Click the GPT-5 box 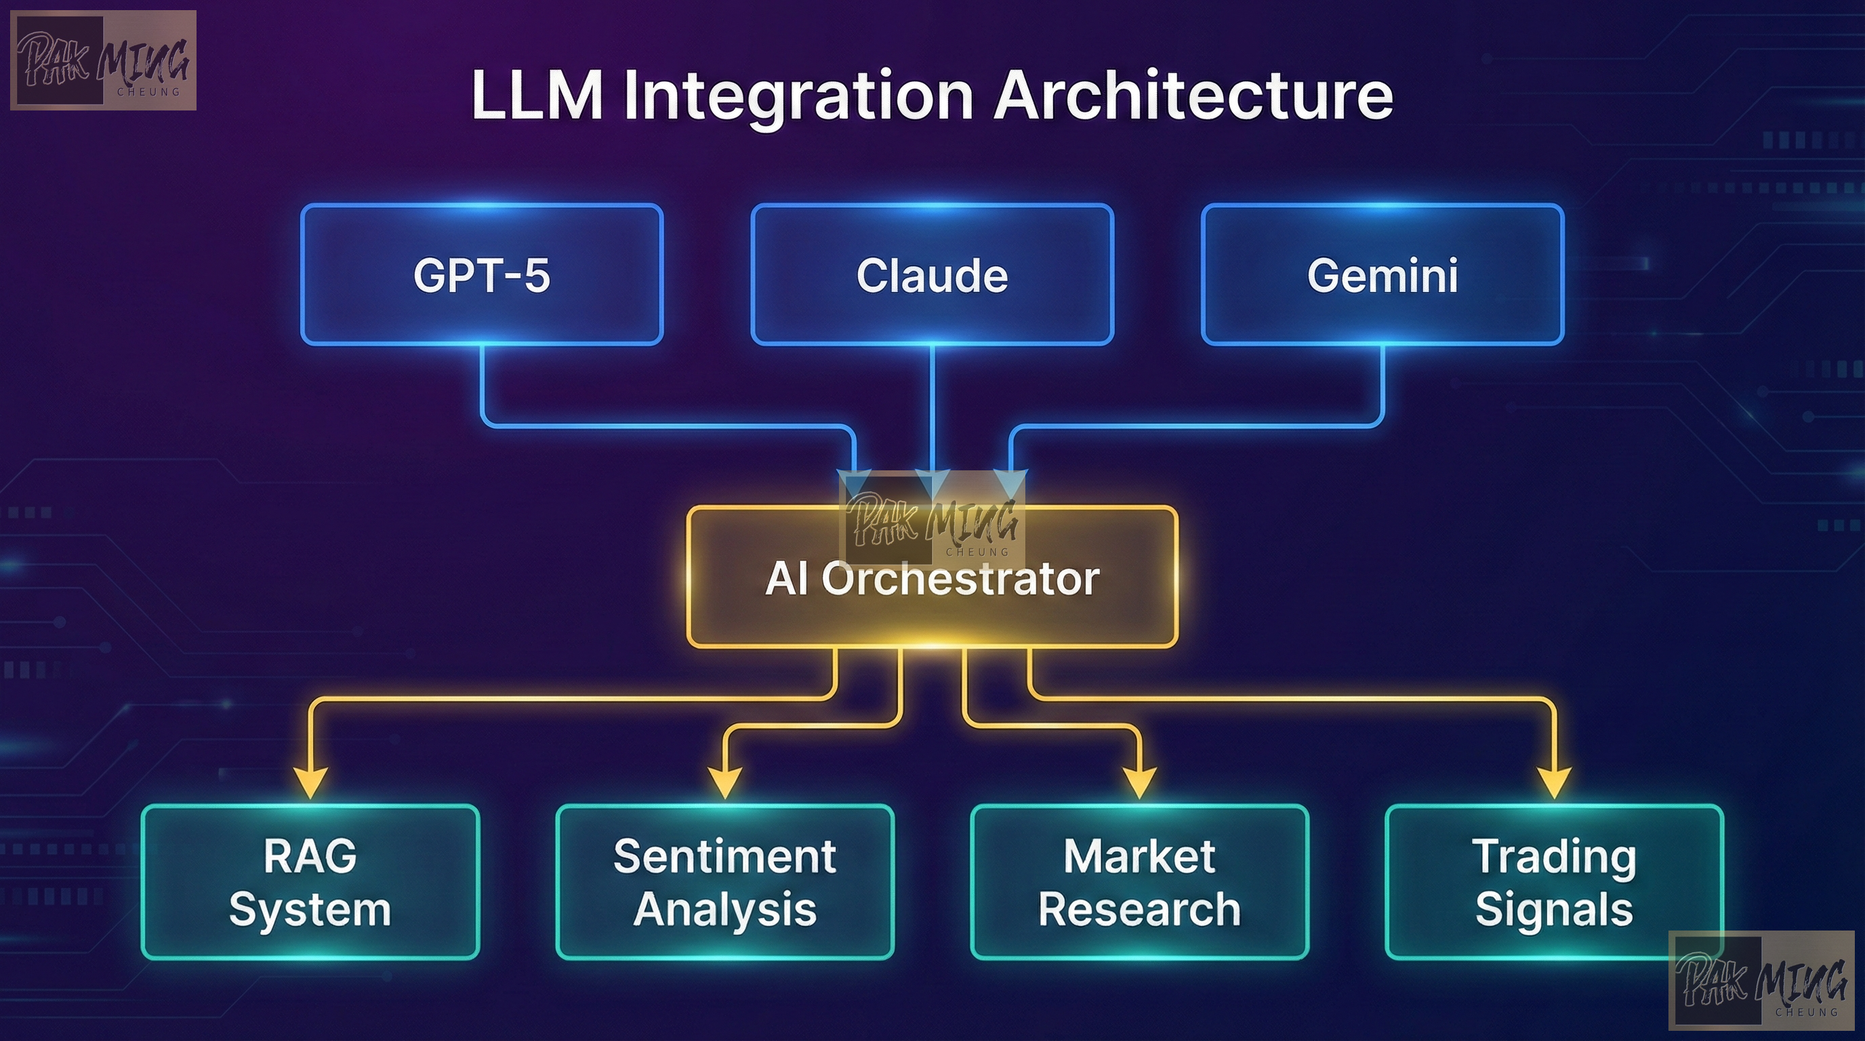(481, 274)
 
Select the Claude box (932, 274)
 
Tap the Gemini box (1382, 274)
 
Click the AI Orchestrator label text (932, 579)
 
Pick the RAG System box (310, 882)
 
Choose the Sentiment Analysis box (724, 882)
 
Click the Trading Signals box (1554, 882)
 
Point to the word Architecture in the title (1193, 95)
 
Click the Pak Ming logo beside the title (103, 60)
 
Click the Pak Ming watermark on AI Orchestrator (932, 519)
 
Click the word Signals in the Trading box (1554, 910)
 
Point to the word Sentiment (724, 857)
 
